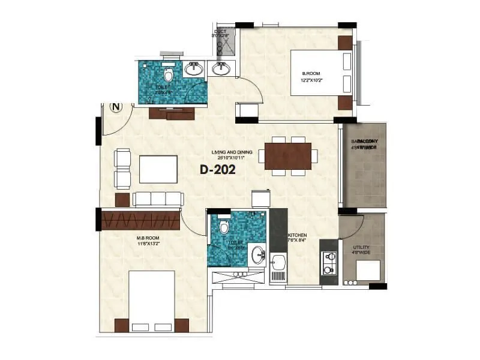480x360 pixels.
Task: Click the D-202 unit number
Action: point(217,170)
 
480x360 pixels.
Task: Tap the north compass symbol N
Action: point(116,107)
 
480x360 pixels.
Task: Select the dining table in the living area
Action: point(288,156)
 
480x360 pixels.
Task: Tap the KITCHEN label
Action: point(298,235)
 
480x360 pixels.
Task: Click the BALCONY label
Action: point(363,142)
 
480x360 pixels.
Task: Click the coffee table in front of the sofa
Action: point(158,169)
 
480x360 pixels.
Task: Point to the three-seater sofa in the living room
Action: point(158,199)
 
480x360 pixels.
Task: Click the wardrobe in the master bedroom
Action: point(141,220)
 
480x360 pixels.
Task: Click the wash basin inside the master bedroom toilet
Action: point(258,254)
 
